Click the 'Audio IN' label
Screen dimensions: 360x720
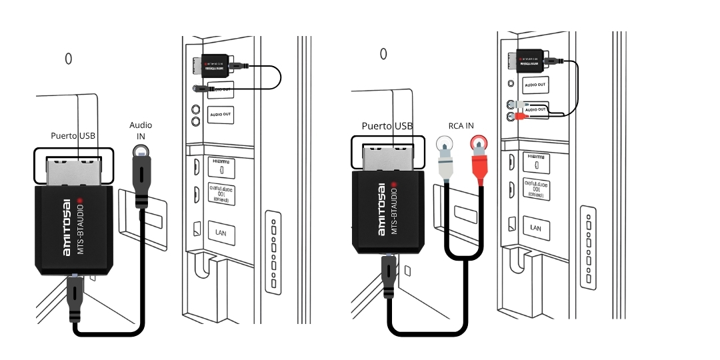pyautogui.click(x=141, y=130)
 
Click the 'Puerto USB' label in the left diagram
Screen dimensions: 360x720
pyautogui.click(x=73, y=135)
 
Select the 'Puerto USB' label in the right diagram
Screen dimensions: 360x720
pyautogui.click(x=387, y=125)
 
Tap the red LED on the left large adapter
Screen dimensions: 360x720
pyautogui.click(x=79, y=200)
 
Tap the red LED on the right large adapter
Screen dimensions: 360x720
pyautogui.click(x=394, y=183)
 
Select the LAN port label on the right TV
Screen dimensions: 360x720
pyautogui.click(x=536, y=227)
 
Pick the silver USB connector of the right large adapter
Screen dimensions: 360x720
pyautogui.click(x=389, y=153)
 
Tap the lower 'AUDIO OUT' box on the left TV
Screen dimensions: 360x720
pyautogui.click(x=221, y=115)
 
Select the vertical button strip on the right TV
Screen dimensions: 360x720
pyautogui.click(x=587, y=247)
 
